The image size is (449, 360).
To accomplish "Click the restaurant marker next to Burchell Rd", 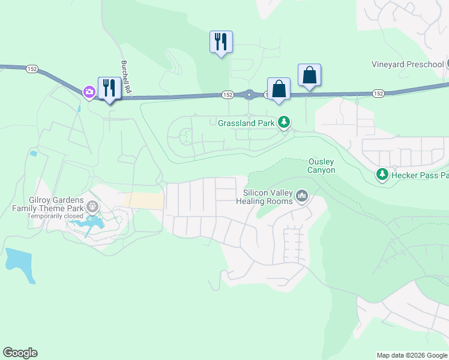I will (x=109, y=88).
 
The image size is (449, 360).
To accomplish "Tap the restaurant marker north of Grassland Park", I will (x=221, y=42).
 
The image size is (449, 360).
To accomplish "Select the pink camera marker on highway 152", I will (x=89, y=91).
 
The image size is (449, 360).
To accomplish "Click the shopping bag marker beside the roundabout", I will (x=279, y=89).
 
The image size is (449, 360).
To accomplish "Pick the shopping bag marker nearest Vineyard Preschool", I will (x=309, y=76).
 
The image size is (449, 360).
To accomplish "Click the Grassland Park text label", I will (x=246, y=123).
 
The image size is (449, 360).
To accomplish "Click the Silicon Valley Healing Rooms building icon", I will (x=302, y=196).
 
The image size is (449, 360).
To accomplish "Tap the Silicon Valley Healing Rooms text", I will (x=268, y=197).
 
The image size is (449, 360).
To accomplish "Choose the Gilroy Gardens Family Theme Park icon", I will (x=92, y=207).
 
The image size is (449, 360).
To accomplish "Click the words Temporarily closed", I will (x=55, y=216).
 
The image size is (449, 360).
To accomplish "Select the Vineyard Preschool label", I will (x=407, y=64).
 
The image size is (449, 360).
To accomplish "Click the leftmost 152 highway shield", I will (x=32, y=70).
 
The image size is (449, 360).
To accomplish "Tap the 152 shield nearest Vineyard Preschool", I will (x=378, y=94).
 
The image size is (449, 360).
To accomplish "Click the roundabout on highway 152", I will (x=249, y=94).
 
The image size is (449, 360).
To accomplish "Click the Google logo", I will (x=20, y=353).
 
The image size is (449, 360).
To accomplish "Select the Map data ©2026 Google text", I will (x=412, y=355).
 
